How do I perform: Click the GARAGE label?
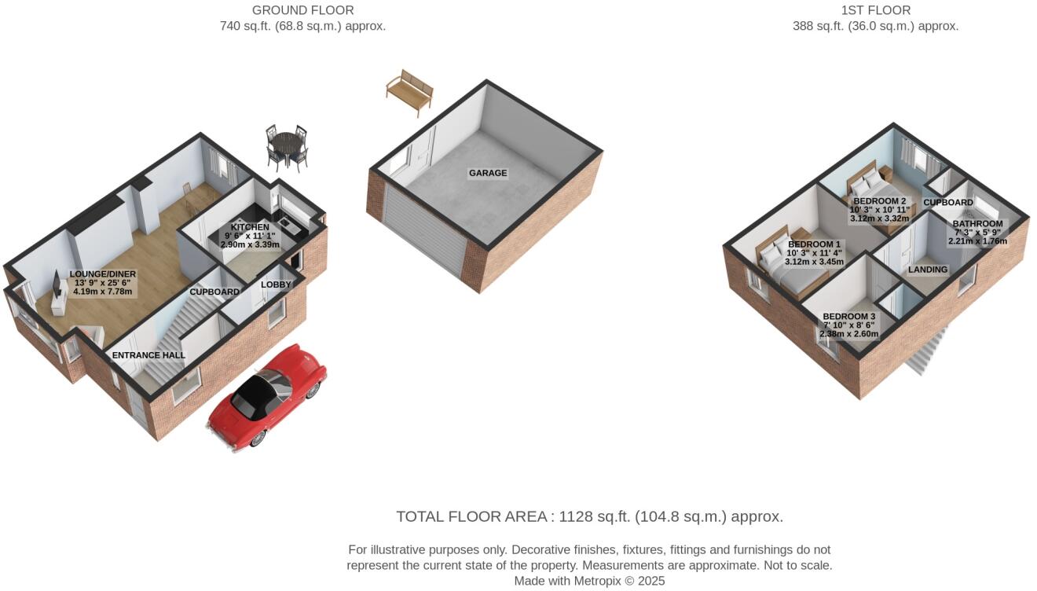pyautogui.click(x=488, y=173)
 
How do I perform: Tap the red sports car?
pyautogui.click(x=267, y=398)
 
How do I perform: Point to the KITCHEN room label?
pyautogui.click(x=250, y=227)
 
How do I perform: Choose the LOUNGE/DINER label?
pyautogui.click(x=103, y=274)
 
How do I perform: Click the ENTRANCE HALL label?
pyautogui.click(x=148, y=355)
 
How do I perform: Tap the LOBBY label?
pyautogui.click(x=276, y=284)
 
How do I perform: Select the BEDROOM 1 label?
pyautogui.click(x=814, y=244)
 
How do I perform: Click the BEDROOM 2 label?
pyautogui.click(x=880, y=201)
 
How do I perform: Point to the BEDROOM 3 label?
pyautogui.click(x=849, y=317)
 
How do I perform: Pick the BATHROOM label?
pyautogui.click(x=977, y=224)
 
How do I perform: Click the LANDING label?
pyautogui.click(x=928, y=270)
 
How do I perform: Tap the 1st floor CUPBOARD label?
pyautogui.click(x=948, y=203)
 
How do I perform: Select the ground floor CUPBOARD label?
pyautogui.click(x=214, y=292)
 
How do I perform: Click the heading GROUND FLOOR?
pyautogui.click(x=302, y=10)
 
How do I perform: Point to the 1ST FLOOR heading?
pyautogui.click(x=876, y=10)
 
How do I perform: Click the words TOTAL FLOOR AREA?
pyautogui.click(x=471, y=516)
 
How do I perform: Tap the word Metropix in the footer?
pyautogui.click(x=598, y=581)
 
